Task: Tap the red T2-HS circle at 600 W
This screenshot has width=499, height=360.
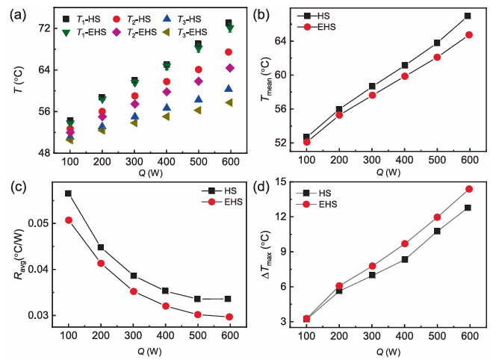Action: click(x=228, y=52)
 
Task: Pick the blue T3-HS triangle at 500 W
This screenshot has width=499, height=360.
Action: click(x=198, y=99)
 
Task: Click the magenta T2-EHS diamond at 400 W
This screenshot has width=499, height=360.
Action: click(x=167, y=92)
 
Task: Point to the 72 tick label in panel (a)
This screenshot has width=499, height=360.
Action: click(x=44, y=28)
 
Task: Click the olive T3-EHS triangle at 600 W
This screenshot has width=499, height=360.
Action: click(x=229, y=102)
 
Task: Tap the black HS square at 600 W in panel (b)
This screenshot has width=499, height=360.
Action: click(x=468, y=16)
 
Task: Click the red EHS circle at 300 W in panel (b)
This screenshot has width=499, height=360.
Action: click(x=372, y=95)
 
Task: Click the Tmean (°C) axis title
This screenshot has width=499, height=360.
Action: click(x=266, y=79)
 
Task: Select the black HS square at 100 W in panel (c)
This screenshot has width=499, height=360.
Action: click(x=68, y=193)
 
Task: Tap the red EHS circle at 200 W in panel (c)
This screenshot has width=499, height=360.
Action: click(x=101, y=263)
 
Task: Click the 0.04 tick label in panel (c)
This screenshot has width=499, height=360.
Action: click(x=38, y=270)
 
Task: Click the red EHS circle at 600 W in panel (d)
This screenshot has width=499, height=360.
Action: click(x=469, y=189)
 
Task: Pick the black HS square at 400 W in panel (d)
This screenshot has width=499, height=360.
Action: click(x=404, y=259)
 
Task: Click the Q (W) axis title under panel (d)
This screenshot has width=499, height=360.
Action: click(x=388, y=352)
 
